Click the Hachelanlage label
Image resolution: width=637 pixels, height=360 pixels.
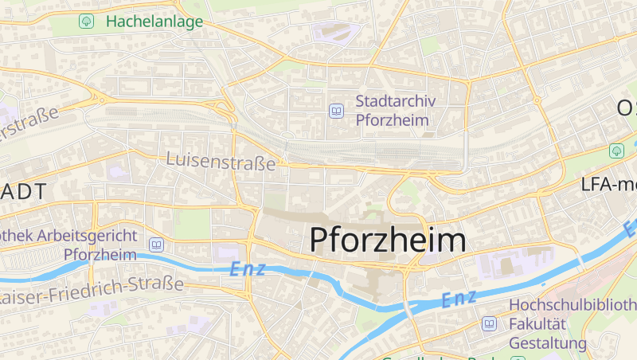(154, 22)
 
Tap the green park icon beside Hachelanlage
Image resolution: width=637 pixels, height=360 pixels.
(86, 22)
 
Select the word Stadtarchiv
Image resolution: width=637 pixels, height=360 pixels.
(392, 101)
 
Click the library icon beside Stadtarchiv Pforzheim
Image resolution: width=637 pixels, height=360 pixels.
(336, 111)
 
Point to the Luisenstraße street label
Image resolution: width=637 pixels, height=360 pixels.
(221, 161)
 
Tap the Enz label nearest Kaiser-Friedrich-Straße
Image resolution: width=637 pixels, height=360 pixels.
(247, 269)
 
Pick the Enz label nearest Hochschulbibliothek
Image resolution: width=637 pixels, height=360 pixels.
(458, 299)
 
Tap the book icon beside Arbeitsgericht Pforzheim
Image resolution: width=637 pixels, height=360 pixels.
(156, 245)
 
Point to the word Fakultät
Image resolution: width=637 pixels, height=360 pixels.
(536, 324)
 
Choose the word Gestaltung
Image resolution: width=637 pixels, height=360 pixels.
(548, 343)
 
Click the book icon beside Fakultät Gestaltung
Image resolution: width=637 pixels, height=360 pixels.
(489, 324)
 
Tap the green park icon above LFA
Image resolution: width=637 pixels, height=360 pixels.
(616, 150)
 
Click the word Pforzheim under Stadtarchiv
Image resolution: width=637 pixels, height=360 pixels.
(392, 120)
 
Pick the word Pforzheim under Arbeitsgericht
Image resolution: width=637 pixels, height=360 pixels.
(100, 255)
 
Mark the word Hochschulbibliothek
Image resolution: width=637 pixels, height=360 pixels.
(572, 305)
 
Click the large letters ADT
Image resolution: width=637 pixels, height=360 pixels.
(24, 191)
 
